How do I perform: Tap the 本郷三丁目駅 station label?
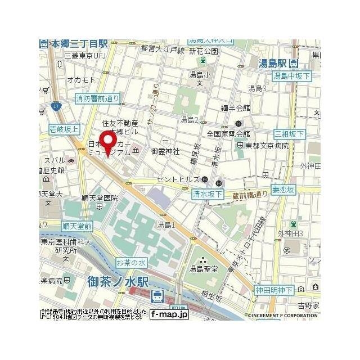(79, 43)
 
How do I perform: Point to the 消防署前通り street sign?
(97, 98)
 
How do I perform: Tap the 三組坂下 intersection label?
(289, 134)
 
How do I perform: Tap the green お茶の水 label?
(131, 263)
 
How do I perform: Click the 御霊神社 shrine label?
(165, 152)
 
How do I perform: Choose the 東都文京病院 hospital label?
(267, 145)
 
